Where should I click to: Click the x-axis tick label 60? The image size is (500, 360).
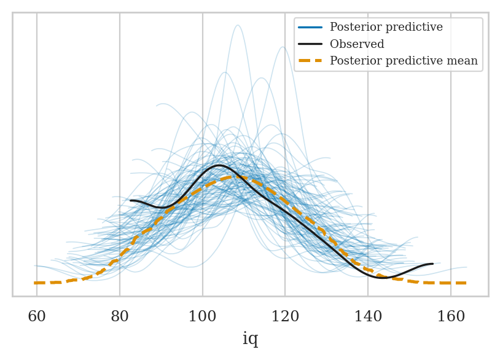37,317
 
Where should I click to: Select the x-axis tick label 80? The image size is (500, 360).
120,317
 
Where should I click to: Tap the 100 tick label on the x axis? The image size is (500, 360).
203,317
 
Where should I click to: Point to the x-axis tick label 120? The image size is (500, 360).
285,317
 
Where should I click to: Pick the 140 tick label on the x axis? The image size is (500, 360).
368,317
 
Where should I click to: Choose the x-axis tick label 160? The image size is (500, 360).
451,317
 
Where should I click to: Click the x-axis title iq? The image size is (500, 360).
250,339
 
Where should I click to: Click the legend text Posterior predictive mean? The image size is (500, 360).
404,61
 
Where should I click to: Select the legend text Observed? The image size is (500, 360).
357,44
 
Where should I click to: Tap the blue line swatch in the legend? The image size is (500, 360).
311,28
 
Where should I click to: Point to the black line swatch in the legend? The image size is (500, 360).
311,44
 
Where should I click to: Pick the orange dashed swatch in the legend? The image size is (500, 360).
311,61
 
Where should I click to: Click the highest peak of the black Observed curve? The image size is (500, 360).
219,165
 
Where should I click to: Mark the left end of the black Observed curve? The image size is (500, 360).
131,200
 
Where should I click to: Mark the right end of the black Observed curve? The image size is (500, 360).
432,264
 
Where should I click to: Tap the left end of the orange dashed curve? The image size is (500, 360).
36,283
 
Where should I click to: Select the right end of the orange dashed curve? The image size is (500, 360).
466,283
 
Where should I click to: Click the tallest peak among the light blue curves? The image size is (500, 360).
238,25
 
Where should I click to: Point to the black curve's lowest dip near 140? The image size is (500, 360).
383,278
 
